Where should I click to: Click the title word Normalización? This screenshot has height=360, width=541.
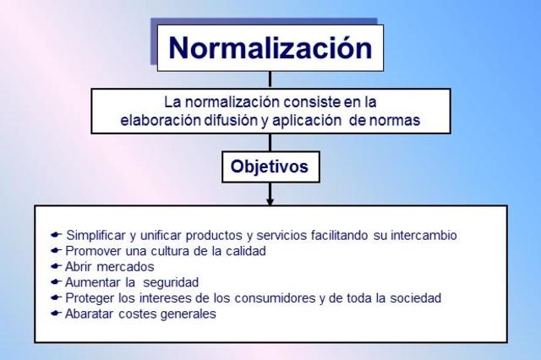point(270,47)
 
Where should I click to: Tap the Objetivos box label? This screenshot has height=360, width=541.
point(270,167)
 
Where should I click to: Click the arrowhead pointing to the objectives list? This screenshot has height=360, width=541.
point(270,200)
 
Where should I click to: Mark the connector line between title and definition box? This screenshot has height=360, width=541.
point(270,79)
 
